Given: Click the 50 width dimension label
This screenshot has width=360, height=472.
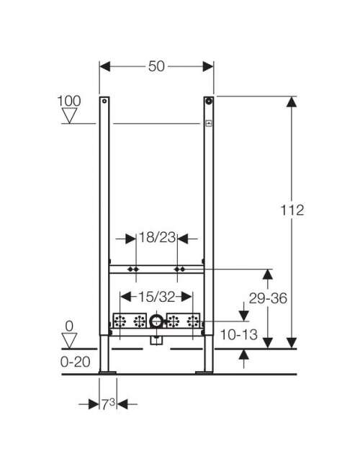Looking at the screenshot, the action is (x=156, y=66).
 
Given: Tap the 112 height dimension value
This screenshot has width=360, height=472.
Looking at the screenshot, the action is (x=292, y=210).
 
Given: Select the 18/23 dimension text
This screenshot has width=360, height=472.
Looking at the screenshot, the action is (x=157, y=238).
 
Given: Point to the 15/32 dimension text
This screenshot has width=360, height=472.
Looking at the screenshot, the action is (x=156, y=298).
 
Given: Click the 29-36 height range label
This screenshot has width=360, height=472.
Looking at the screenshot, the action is (x=268, y=298).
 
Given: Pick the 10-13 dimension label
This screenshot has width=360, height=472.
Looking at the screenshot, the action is (x=239, y=334).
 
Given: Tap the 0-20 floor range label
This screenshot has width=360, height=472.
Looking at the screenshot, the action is (x=75, y=362).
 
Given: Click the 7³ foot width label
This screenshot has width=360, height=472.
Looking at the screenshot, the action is (x=108, y=404).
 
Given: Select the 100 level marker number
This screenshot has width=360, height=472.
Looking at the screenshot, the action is (x=69, y=101).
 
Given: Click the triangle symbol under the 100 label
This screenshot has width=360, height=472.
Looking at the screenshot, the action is (x=69, y=116).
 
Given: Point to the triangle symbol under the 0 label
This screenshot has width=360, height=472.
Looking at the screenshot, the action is (x=69, y=341).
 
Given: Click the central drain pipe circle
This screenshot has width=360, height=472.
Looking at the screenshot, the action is (x=156, y=321).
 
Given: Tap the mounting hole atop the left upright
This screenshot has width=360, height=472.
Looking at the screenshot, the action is (x=104, y=101).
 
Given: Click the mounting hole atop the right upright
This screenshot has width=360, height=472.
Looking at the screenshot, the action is (x=209, y=101).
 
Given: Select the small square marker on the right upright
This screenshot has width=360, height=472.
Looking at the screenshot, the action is (x=209, y=123).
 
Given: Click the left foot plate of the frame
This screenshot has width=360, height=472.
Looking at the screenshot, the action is (x=107, y=373).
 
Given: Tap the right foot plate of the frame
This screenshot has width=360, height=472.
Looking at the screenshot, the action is (x=204, y=373).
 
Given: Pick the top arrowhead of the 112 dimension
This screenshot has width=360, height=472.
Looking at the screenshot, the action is (x=292, y=102).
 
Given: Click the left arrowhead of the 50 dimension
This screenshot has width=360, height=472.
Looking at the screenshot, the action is (x=104, y=66).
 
